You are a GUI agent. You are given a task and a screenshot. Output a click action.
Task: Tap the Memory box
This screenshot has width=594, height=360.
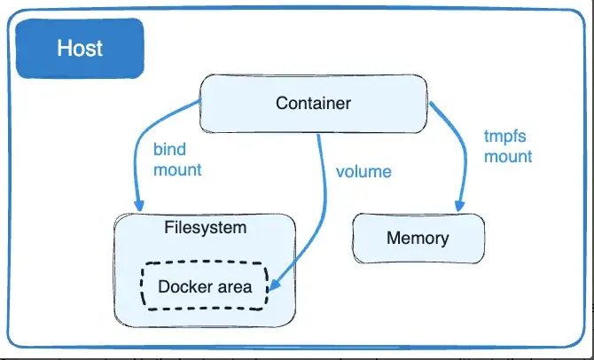coord(418,239)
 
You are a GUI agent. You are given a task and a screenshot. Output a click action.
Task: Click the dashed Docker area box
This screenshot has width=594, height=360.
coord(204,286)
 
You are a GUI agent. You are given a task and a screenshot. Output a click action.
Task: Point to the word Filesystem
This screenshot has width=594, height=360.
coord(206,227)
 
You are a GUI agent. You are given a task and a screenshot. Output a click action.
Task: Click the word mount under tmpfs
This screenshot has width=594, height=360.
coord(508,156)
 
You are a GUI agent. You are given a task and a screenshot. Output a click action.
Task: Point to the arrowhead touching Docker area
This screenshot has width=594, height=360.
coord(275,286)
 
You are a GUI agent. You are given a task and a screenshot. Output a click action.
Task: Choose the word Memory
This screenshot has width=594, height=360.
coord(418,239)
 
